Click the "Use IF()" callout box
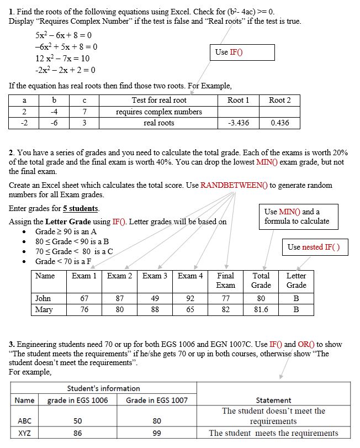[243, 52]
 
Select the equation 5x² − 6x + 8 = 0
[63, 34]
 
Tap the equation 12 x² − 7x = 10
[62, 58]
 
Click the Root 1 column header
[238, 100]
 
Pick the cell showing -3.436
[238, 123]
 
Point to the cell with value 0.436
[279, 123]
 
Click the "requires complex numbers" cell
[158, 112]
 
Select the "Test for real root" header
[158, 100]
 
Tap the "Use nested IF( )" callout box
[314, 247]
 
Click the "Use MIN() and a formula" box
[297, 217]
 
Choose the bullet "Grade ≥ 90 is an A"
[66, 231]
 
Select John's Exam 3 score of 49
[155, 298]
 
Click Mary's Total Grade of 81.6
[261, 309]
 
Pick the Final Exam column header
[225, 280]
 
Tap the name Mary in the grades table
[44, 309]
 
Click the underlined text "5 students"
[81, 208]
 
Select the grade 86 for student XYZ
[77, 433]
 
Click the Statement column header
[273, 400]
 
